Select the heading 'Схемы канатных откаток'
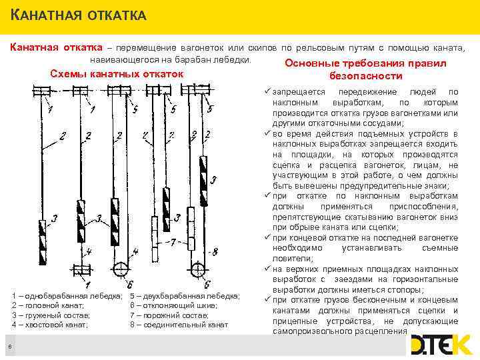pos(117,73)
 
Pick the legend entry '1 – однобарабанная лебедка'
pos(67,295)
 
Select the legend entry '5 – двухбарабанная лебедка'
pos(185,295)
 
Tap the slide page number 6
pos(10,345)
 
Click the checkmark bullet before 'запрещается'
pos(267,91)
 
